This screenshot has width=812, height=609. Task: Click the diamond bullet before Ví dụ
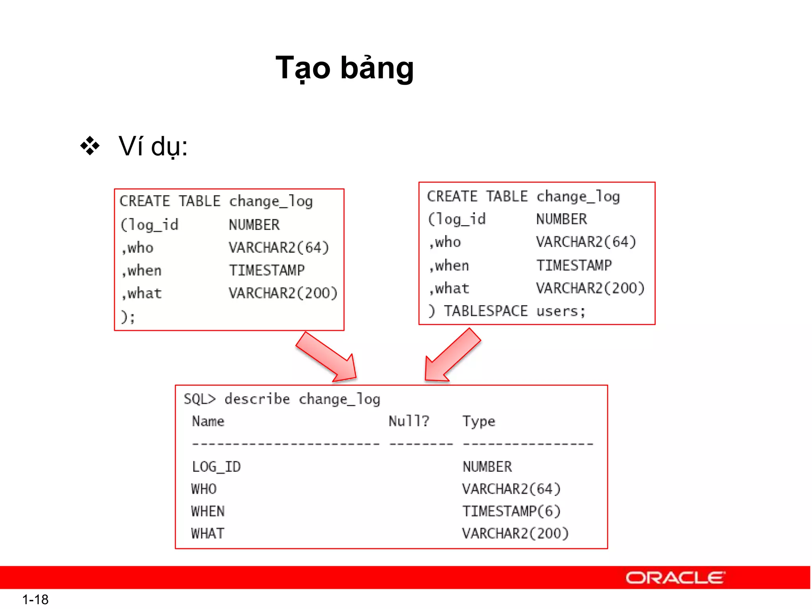pyautogui.click(x=90, y=146)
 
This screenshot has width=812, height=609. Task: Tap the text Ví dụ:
pyautogui.click(x=153, y=146)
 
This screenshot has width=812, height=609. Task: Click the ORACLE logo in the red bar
pyautogui.click(x=675, y=578)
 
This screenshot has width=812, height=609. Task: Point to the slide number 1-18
pyautogui.click(x=35, y=599)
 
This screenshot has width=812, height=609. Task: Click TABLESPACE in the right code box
pyautogui.click(x=486, y=311)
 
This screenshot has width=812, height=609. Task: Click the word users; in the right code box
pyautogui.click(x=561, y=311)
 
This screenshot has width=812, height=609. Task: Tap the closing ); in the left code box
pyautogui.click(x=128, y=317)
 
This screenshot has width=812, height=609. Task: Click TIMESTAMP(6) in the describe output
pyautogui.click(x=511, y=511)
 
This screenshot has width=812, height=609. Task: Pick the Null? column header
pyautogui.click(x=409, y=421)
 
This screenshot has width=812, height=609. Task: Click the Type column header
pyautogui.click(x=479, y=421)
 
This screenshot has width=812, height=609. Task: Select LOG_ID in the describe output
pyautogui.click(x=216, y=467)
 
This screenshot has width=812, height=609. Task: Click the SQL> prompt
pyautogui.click(x=200, y=399)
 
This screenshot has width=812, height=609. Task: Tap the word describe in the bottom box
pyautogui.click(x=257, y=399)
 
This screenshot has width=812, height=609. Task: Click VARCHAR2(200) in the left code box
pyautogui.click(x=283, y=293)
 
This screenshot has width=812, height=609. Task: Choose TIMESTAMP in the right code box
pyautogui.click(x=574, y=265)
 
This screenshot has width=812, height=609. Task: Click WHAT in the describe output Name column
pyautogui.click(x=208, y=534)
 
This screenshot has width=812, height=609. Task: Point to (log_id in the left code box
pyautogui.click(x=150, y=225)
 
